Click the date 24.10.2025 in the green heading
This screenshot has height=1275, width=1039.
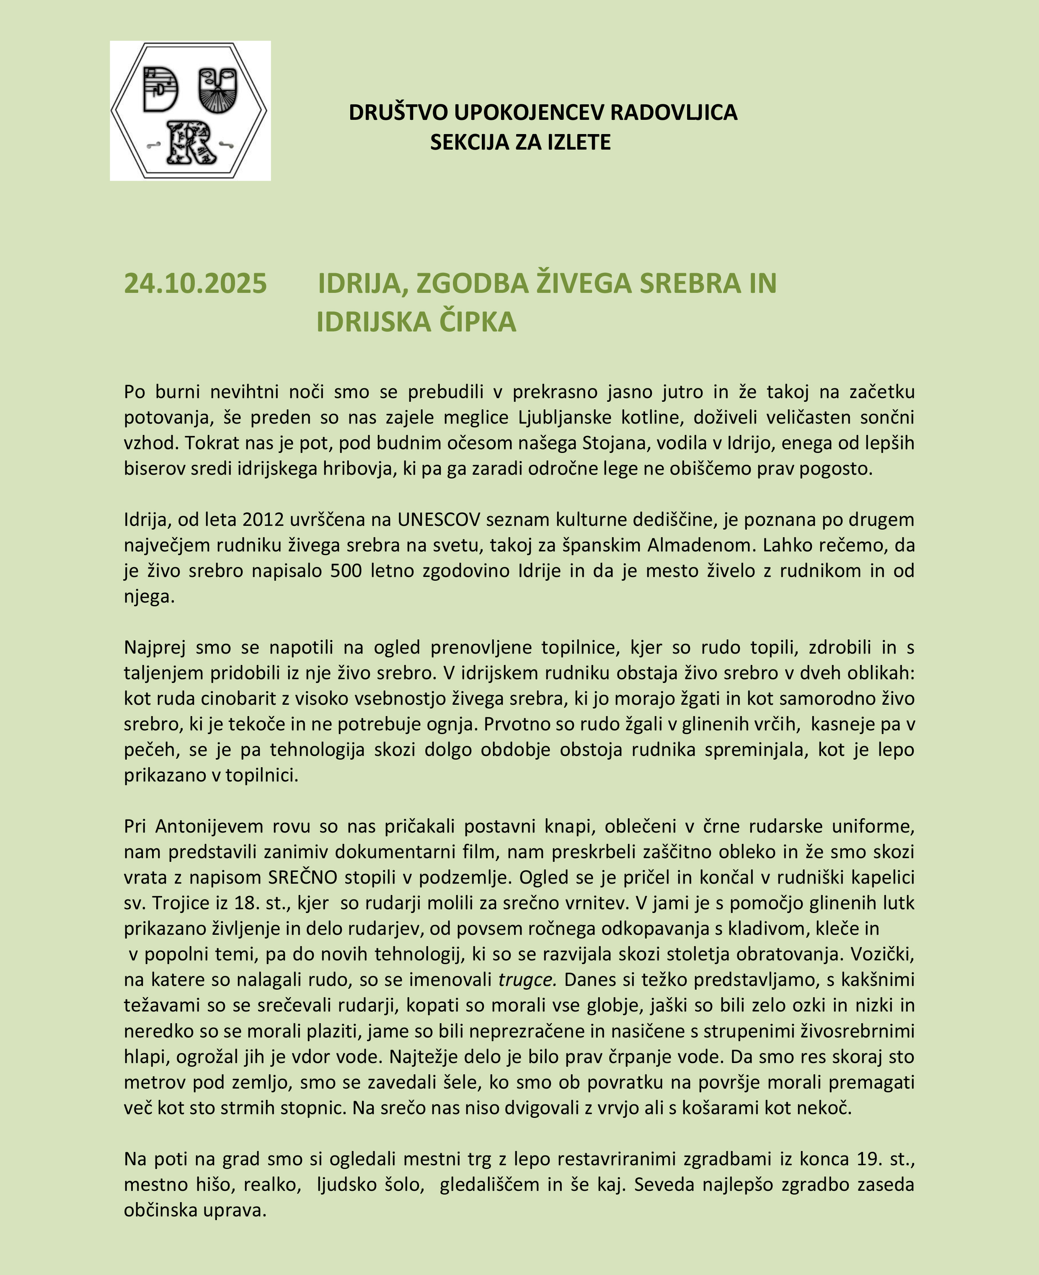195,283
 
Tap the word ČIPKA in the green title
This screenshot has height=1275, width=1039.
478,322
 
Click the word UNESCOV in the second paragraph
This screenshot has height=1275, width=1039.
439,520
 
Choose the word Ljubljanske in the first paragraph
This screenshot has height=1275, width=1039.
557,417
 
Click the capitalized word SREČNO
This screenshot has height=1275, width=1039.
302,877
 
